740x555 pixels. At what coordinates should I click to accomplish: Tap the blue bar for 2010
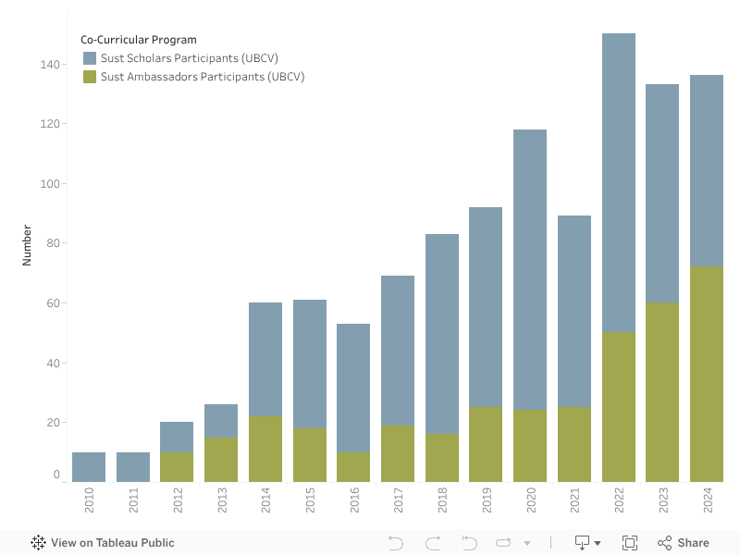pyautogui.click(x=89, y=467)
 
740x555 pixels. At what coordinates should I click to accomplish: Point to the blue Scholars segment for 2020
pyautogui.click(x=530, y=269)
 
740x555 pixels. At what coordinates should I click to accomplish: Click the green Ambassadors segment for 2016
pyautogui.click(x=353, y=467)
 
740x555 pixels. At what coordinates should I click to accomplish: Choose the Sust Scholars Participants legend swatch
pyautogui.click(x=90, y=58)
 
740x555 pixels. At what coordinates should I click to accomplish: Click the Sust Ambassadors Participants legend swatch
pyautogui.click(x=90, y=77)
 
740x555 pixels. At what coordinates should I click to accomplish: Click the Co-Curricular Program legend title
pyautogui.click(x=139, y=40)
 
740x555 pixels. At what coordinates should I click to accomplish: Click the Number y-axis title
pyautogui.click(x=27, y=245)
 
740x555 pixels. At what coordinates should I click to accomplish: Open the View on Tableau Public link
pyautogui.click(x=112, y=543)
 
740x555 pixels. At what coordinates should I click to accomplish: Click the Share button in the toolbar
pyautogui.click(x=684, y=543)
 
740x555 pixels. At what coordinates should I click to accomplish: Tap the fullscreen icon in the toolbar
pyautogui.click(x=630, y=543)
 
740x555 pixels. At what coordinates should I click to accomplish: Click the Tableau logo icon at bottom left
pyautogui.click(x=39, y=543)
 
